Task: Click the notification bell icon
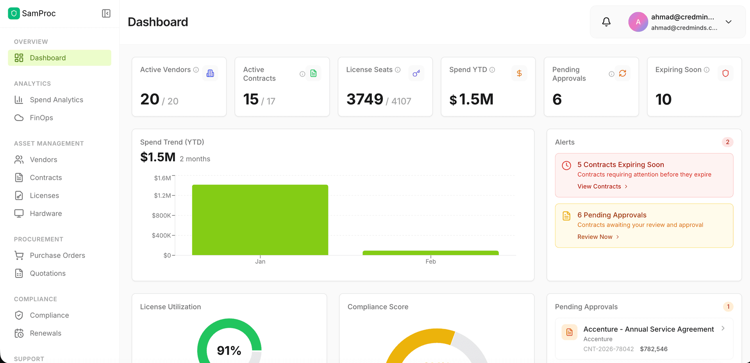pyautogui.click(x=606, y=22)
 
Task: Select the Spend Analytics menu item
pyautogui.click(x=56, y=100)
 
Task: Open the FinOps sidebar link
pyautogui.click(x=41, y=118)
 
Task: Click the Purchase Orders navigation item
pyautogui.click(x=57, y=255)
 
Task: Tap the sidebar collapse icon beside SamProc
pyautogui.click(x=106, y=13)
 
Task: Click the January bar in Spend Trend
pyautogui.click(x=260, y=220)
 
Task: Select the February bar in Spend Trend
pyautogui.click(x=430, y=253)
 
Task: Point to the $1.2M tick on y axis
pyautogui.click(x=162, y=195)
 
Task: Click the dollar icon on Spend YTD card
pyautogui.click(x=519, y=73)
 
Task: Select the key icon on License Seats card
pyautogui.click(x=416, y=73)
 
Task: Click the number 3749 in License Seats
pyautogui.click(x=364, y=99)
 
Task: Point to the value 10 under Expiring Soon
pyautogui.click(x=663, y=99)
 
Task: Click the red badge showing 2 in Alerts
pyautogui.click(x=727, y=142)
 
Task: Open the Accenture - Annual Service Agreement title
pyautogui.click(x=648, y=329)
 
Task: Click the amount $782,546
pyautogui.click(x=654, y=349)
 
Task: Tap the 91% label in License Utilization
pyautogui.click(x=229, y=350)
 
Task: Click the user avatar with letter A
pyautogui.click(x=638, y=22)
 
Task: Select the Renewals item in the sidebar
pyautogui.click(x=45, y=333)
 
